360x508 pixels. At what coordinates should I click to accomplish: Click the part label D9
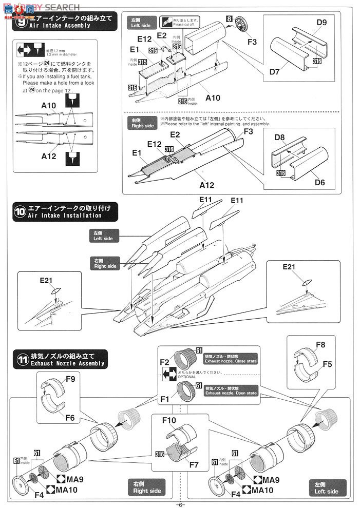[x=321, y=23]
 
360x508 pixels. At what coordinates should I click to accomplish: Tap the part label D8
[x=279, y=138]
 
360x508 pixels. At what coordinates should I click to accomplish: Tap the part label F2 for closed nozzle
[x=164, y=362]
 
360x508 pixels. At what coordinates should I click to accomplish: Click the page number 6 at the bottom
[x=180, y=504]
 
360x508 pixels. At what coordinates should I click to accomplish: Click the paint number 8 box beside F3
[x=228, y=18]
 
